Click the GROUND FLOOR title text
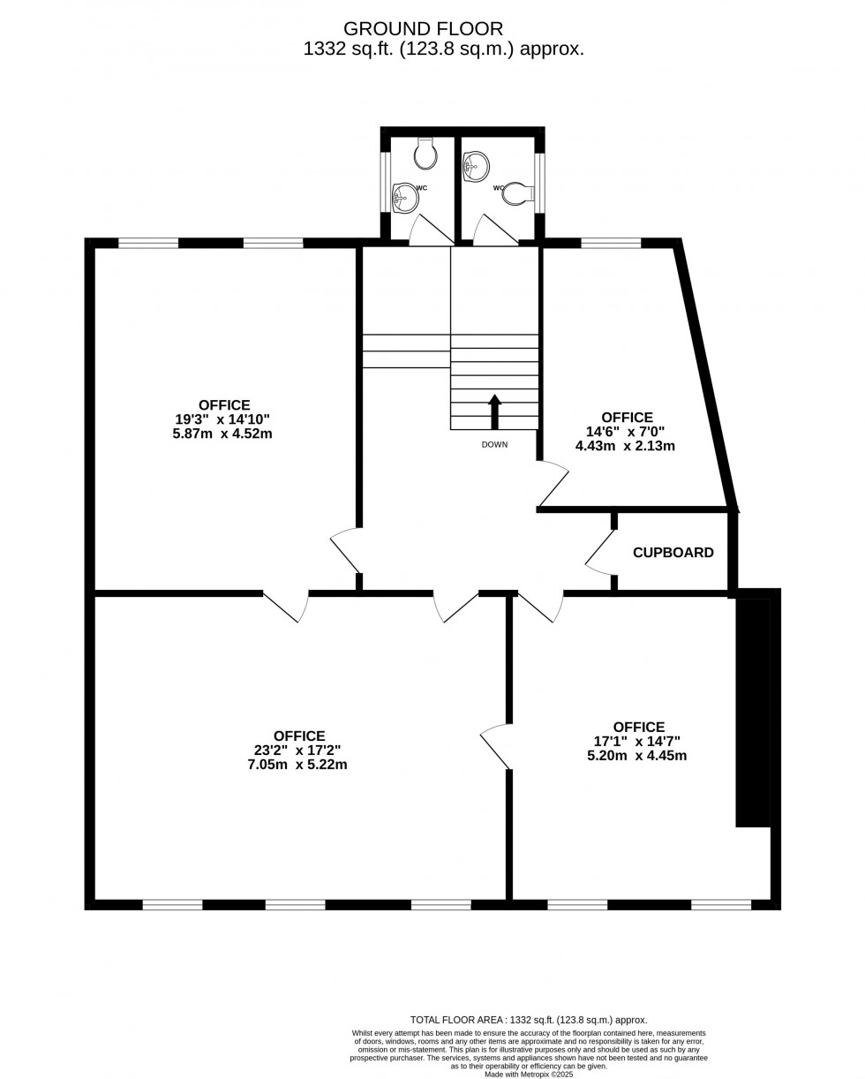pos(423,29)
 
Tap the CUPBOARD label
pos(673,553)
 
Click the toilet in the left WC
pos(425,155)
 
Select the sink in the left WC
pos(405,198)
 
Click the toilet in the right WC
pos(517,193)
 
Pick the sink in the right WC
pos(476,166)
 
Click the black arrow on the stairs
pos(494,411)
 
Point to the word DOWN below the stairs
pos(494,445)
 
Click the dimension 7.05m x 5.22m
pos(297,765)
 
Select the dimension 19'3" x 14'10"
pos(222,419)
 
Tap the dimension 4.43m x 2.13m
pos(625,446)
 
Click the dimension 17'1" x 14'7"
pos(636,742)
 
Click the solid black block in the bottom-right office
pos(753,712)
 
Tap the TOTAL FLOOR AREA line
pos(529,1020)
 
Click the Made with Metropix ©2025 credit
pos(529,1074)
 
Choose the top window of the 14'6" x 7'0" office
pos(611,243)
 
